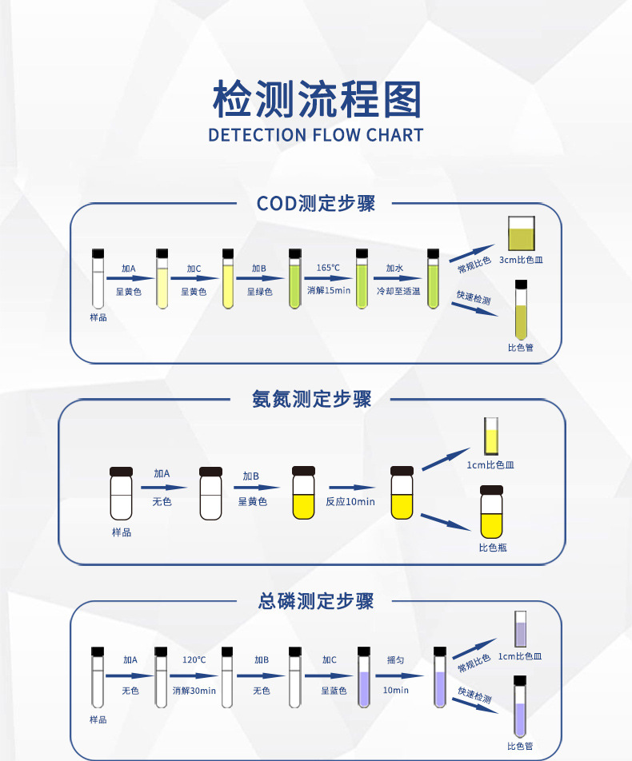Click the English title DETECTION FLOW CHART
coord(316,135)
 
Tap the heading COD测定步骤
coord(316,203)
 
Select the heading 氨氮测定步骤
coord(311,399)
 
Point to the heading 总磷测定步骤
coord(316,601)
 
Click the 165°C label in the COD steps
coord(328,268)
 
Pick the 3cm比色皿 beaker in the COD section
coord(522,233)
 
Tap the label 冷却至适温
coord(398,291)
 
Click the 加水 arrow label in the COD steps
coord(394,268)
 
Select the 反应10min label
coord(350,501)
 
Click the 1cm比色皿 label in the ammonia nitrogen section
coord(490,465)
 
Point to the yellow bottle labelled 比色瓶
coord(492,512)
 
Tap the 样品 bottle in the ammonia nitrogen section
coord(121,493)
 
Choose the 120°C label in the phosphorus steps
coord(194,660)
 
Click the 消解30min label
coord(194,691)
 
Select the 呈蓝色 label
coord(334,691)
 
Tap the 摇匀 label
coord(395,660)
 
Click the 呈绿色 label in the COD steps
coord(259,292)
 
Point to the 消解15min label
coord(328,290)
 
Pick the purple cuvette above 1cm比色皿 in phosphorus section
coord(520,629)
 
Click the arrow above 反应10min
coord(352,488)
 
